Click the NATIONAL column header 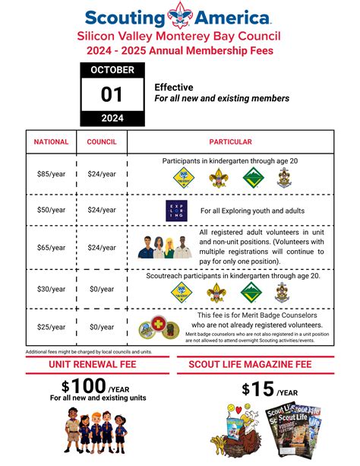coord(51,141)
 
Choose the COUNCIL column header coord(102,141)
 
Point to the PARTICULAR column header coord(230,141)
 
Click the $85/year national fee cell coord(51,174)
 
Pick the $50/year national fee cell coord(51,210)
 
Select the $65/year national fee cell coord(51,247)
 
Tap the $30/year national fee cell coord(51,289)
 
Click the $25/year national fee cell coord(51,327)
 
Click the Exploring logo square coord(176,211)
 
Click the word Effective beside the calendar coord(174,87)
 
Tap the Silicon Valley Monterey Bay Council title coord(179,36)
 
